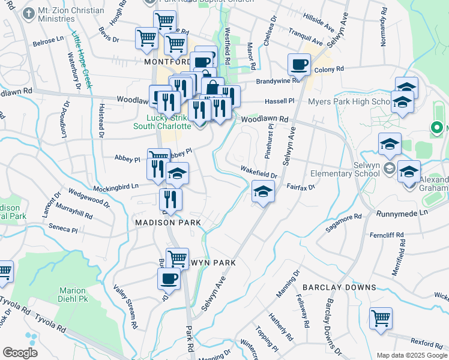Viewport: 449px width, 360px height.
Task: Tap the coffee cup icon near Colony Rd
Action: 298,65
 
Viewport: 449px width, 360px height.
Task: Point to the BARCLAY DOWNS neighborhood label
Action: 339,287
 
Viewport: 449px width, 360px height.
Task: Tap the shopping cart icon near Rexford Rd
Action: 381,318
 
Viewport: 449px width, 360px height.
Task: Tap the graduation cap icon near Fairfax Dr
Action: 262,193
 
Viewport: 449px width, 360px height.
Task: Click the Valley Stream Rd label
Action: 127,296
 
